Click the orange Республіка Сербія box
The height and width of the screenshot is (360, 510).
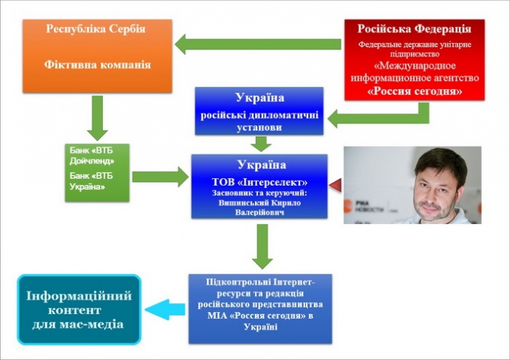click(x=97, y=55)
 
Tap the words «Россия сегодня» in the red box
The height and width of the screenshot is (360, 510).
click(x=415, y=92)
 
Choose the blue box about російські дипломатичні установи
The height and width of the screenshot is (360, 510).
click(x=259, y=111)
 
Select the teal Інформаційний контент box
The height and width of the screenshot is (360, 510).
click(x=79, y=310)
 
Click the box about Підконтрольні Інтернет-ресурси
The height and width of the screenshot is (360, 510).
click(x=259, y=308)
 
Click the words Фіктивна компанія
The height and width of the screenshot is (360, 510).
click(x=97, y=65)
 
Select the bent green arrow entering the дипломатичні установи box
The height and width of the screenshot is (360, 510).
click(x=384, y=116)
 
